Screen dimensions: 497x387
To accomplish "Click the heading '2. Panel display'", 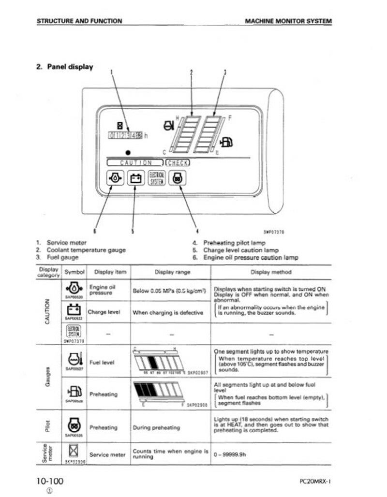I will click(65, 67).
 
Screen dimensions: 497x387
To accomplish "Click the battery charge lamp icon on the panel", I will click(136, 178).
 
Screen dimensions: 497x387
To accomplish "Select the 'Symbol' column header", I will click(74, 272).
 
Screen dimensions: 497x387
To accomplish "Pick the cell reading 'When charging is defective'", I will click(167, 313).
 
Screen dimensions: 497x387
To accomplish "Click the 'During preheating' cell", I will click(156, 427).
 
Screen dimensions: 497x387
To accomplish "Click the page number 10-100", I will click(49, 481).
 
